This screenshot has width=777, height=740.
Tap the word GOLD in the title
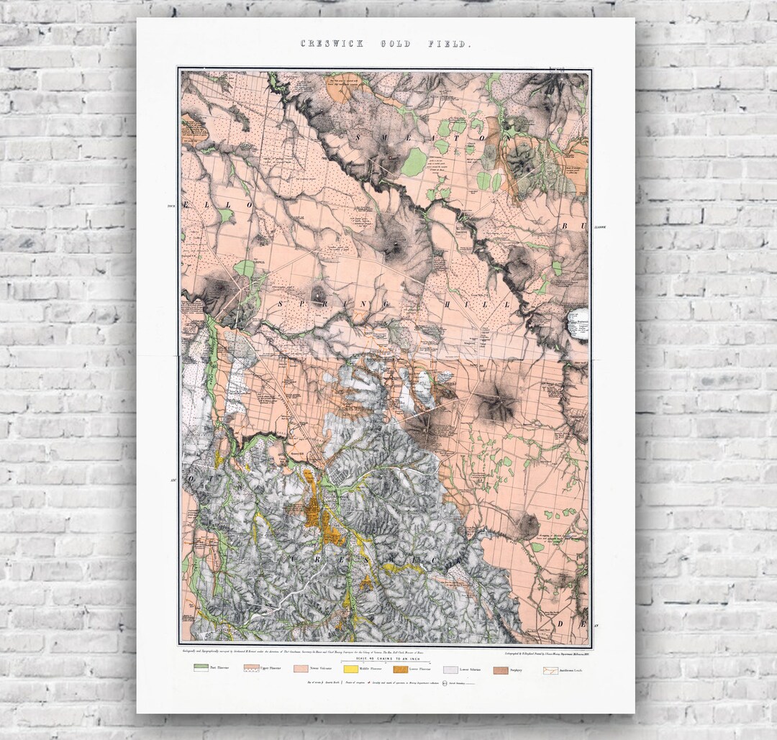[x=396, y=45]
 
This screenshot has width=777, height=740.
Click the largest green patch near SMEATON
[x=413, y=163]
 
